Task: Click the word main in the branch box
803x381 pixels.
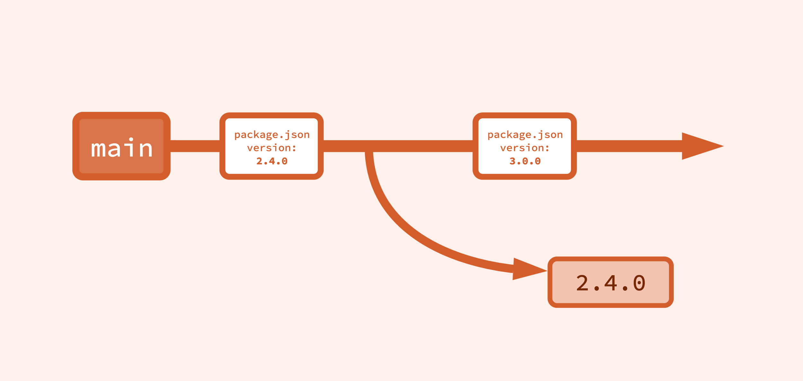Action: click(x=121, y=148)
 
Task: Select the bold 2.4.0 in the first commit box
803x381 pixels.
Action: click(x=272, y=161)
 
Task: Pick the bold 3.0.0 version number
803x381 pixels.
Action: click(x=525, y=161)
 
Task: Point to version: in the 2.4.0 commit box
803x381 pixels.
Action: click(x=271, y=148)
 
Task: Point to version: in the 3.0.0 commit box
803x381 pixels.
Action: click(x=525, y=148)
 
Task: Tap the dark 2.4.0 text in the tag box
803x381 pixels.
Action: click(x=611, y=283)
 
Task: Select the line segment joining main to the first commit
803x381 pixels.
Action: click(x=195, y=146)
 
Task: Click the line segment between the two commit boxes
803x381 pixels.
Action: click(x=398, y=146)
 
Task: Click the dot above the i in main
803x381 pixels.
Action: click(x=131, y=139)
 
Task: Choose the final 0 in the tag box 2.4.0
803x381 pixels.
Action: click(x=639, y=283)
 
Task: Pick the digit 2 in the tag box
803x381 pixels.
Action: click(x=582, y=283)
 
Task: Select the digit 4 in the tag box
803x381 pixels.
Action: click(x=611, y=283)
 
